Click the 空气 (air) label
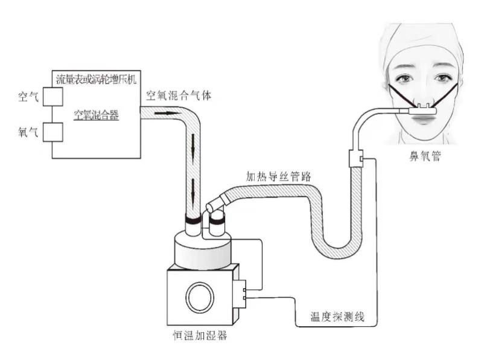click(x=28, y=97)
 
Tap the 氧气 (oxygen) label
click(x=28, y=132)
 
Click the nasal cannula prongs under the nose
click(x=424, y=108)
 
